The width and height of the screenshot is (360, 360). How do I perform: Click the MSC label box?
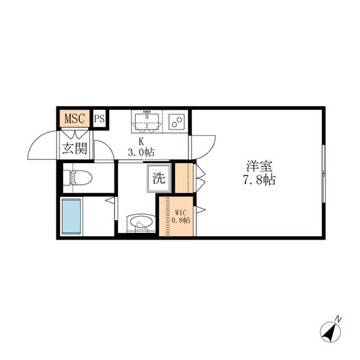pyautogui.click(x=75, y=118)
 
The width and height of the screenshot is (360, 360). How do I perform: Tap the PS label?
pyautogui.click(x=99, y=118)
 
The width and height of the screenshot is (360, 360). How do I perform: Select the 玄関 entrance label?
pyautogui.click(x=74, y=148)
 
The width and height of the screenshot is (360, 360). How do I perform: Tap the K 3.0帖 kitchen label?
pyautogui.click(x=141, y=148)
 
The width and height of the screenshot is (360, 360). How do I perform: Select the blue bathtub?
pyautogui.click(x=71, y=217)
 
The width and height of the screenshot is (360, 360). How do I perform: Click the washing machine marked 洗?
pyautogui.click(x=158, y=178)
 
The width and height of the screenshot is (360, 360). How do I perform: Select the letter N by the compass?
pyautogui.click(x=338, y=318)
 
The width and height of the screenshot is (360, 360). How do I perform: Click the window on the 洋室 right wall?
pyautogui.click(x=323, y=173)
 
